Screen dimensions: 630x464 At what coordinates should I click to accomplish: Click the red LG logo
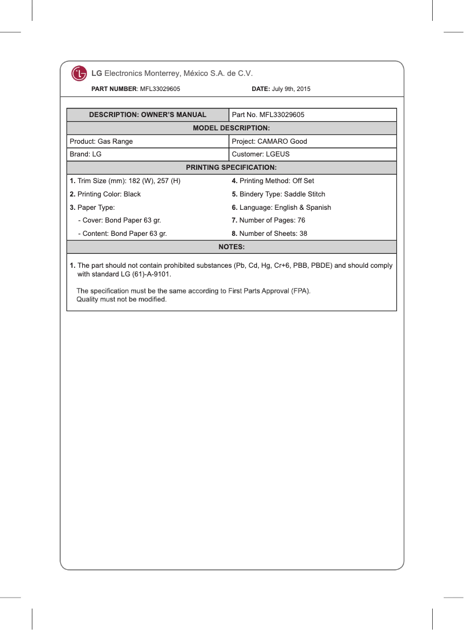[79, 74]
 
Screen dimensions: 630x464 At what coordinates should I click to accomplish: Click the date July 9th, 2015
[291, 89]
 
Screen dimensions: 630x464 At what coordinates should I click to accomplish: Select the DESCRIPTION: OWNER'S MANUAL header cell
[148, 115]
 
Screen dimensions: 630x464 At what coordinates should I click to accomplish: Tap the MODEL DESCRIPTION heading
[231, 128]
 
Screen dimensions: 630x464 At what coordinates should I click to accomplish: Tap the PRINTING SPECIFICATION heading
[231, 167]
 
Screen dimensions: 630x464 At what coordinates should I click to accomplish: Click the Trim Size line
[125, 181]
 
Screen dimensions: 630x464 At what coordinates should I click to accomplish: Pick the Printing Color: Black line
[105, 194]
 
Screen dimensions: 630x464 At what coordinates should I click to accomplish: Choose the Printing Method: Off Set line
[272, 181]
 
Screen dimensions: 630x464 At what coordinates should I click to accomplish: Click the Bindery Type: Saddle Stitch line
[278, 194]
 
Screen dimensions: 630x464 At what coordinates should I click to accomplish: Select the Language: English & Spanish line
[281, 207]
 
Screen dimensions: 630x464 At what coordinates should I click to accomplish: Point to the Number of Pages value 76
[301, 220]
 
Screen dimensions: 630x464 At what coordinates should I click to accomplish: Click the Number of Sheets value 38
[303, 234]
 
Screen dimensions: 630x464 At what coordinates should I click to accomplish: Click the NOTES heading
[231, 247]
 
